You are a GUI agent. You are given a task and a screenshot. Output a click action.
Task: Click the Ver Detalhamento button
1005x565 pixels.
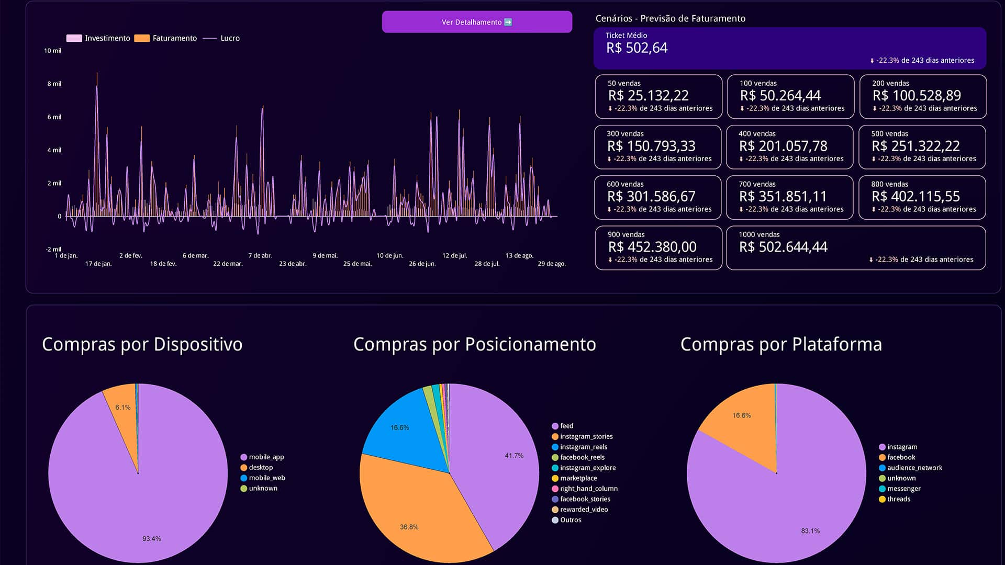477,22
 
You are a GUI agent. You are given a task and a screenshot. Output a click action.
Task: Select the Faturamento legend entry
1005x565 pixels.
165,38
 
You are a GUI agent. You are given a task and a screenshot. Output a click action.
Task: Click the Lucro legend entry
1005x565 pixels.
221,38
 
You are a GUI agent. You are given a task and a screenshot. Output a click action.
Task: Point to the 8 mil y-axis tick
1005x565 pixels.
54,84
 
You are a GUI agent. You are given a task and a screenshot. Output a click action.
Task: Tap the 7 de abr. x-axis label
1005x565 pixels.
260,256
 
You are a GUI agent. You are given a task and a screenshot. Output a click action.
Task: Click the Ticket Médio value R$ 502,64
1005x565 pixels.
636,48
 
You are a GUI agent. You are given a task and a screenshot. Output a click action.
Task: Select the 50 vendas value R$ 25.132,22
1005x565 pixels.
648,96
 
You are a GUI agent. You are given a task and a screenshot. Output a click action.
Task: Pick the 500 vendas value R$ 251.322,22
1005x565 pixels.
915,146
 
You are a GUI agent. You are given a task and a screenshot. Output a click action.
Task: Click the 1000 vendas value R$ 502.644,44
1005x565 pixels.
783,247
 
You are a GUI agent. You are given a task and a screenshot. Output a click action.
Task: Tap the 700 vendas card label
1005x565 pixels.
757,184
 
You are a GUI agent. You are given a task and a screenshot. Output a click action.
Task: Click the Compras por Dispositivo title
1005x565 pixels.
142,344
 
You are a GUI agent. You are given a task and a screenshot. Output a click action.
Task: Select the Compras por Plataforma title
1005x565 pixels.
781,344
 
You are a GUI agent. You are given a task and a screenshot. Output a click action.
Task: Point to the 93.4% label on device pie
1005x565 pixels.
152,539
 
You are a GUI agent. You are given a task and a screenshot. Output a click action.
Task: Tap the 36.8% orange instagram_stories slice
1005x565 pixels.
414,513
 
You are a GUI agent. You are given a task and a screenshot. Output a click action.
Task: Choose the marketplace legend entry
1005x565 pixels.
574,478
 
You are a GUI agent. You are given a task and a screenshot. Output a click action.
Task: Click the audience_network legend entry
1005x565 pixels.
910,468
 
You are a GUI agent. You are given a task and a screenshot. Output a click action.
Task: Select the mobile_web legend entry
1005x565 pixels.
263,478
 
